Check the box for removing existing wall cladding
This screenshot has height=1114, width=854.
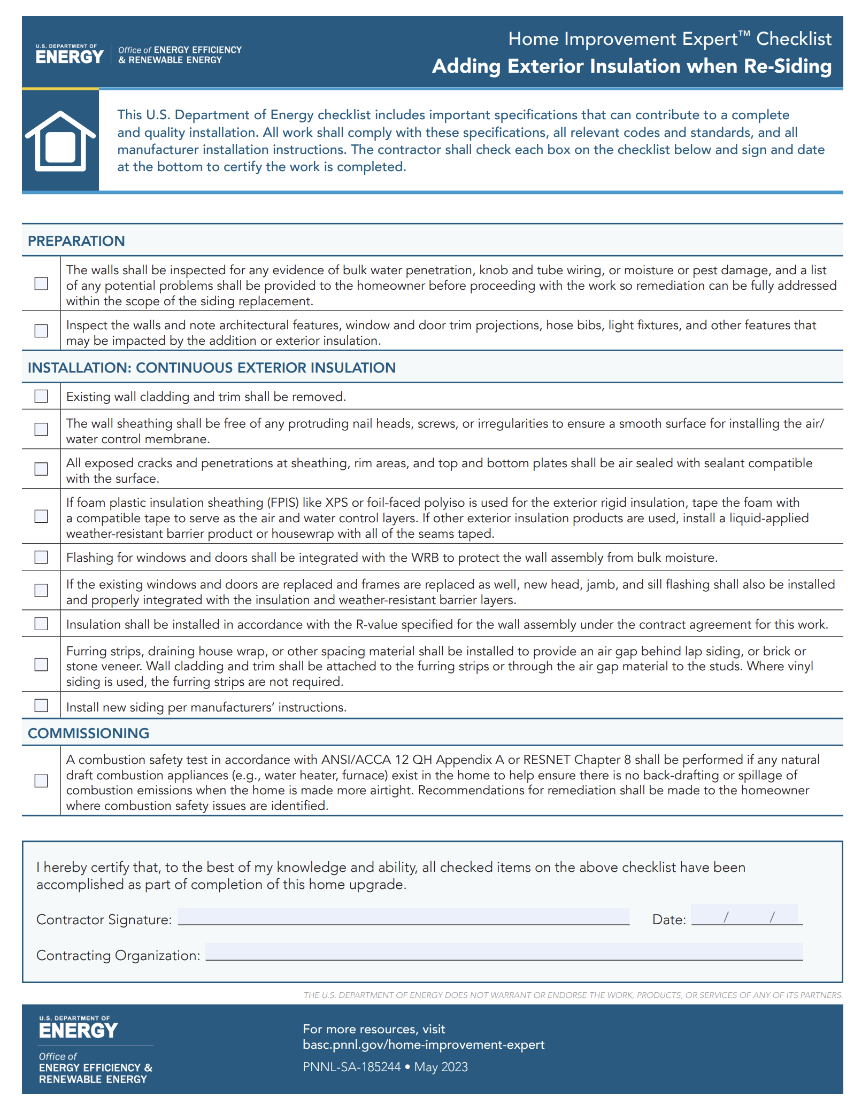click(x=41, y=396)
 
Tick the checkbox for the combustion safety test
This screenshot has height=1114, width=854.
click(x=41, y=781)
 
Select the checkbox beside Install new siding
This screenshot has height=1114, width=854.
click(x=41, y=706)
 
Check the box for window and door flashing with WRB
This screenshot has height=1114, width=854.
click(x=41, y=558)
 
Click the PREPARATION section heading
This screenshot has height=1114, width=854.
click(x=76, y=241)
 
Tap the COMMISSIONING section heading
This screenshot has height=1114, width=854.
click(x=89, y=733)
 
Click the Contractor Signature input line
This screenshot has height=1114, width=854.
click(x=403, y=917)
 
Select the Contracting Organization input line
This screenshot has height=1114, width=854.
click(x=504, y=952)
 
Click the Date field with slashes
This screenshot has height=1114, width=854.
click(x=747, y=916)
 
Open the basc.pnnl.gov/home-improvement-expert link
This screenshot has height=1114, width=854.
click(x=424, y=1045)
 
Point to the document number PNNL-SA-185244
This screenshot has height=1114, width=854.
click(x=352, y=1067)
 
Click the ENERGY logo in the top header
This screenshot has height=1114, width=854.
click(x=70, y=56)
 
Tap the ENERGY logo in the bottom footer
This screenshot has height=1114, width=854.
click(x=78, y=1030)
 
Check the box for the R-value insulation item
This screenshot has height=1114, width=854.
click(x=41, y=624)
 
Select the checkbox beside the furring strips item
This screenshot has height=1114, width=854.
click(x=41, y=664)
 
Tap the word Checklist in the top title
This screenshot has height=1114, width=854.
click(x=794, y=39)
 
